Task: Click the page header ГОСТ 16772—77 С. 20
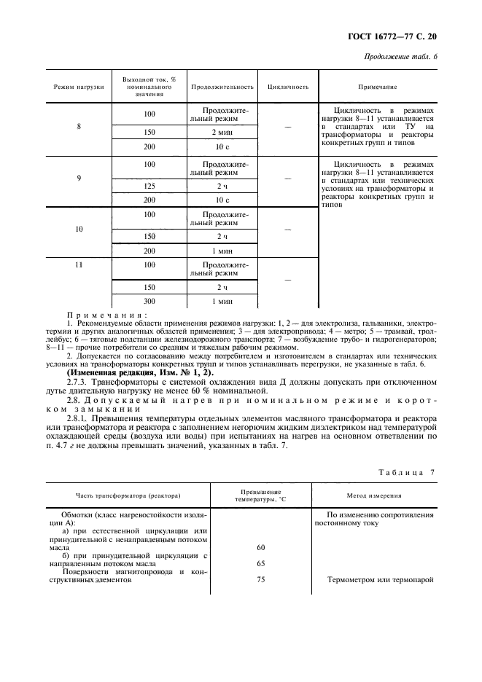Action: point(397,35)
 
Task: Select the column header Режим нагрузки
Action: point(79,87)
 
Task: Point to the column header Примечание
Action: point(377,87)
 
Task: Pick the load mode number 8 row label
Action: point(79,127)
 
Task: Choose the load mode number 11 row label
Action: point(79,265)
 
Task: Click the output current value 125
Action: point(150,187)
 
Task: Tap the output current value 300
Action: point(150,301)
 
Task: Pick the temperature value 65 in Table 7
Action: point(260,563)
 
